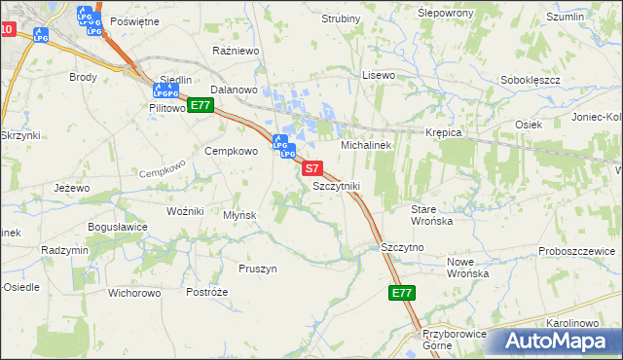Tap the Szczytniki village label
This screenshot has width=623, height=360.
pyautogui.click(x=336, y=185)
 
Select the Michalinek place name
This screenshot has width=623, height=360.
pyautogui.click(x=365, y=145)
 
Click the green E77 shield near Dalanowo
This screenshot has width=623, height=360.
pyautogui.click(x=201, y=105)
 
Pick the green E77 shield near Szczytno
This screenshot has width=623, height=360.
pyautogui.click(x=401, y=293)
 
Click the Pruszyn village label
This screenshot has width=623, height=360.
pyautogui.click(x=258, y=269)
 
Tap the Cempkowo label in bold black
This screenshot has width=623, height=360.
pyautogui.click(x=230, y=151)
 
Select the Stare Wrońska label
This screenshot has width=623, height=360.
pyautogui.click(x=431, y=215)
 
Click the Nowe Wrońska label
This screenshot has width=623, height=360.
pyautogui.click(x=466, y=268)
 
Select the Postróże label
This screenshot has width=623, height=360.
pyautogui.click(x=206, y=292)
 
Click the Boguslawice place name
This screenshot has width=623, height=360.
pyautogui.click(x=117, y=227)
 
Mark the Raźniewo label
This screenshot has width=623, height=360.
pyautogui.click(x=233, y=48)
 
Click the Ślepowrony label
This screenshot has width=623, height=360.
pyautogui.click(x=418, y=13)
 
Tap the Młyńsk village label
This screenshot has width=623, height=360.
pyautogui.click(x=239, y=215)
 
